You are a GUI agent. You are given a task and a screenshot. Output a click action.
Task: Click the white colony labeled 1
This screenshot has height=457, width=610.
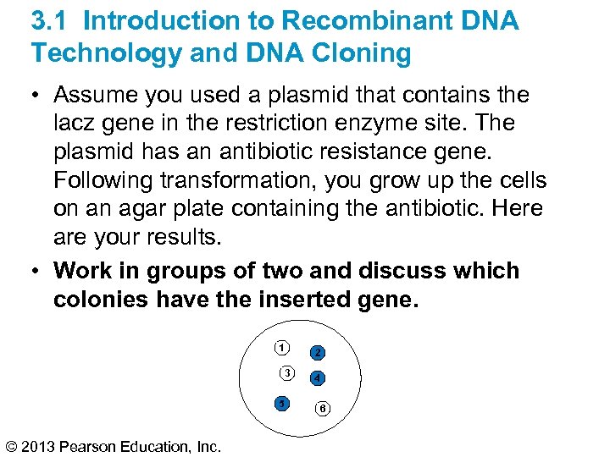[x=281, y=347]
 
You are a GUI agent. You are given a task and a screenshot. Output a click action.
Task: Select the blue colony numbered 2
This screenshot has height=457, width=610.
[x=317, y=352]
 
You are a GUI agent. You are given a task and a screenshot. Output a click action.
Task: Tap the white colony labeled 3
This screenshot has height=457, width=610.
[x=288, y=373]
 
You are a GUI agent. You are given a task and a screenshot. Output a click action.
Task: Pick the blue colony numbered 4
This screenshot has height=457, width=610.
[x=317, y=377]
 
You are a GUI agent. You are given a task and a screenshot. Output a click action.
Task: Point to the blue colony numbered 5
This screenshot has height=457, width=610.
[x=281, y=403]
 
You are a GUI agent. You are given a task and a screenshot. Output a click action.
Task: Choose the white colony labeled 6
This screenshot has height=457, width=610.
[x=322, y=409]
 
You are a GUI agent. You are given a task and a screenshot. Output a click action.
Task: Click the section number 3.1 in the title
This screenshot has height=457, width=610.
[x=53, y=20]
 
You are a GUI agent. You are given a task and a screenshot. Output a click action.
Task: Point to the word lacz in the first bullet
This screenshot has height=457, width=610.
[x=79, y=123]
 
